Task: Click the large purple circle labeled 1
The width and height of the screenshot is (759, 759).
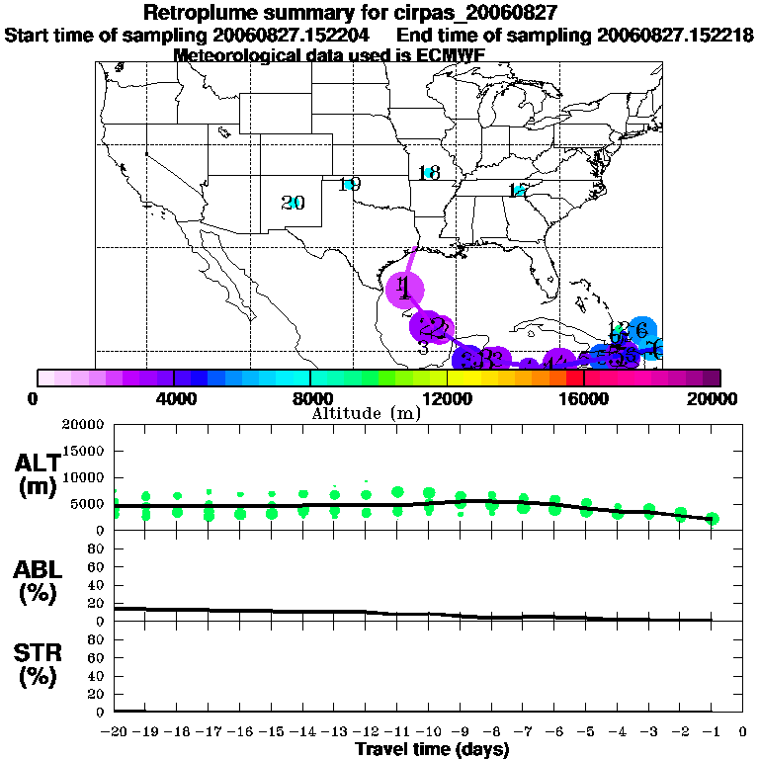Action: pos(404,289)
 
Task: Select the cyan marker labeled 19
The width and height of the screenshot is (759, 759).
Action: pos(349,184)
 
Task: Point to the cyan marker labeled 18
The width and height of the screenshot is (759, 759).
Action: pos(428,172)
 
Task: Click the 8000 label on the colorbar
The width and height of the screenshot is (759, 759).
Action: pos(309,399)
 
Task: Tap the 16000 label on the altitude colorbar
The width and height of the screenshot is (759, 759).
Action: pos(584,399)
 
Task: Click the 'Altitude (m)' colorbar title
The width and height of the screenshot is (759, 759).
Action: pos(366,413)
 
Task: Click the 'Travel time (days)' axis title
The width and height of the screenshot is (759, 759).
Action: pos(431,749)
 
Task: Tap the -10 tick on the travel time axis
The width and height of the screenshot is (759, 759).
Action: pos(428,732)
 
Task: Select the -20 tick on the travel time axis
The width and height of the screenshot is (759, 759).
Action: pos(115,732)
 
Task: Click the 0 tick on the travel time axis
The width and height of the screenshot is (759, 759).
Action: pos(742,732)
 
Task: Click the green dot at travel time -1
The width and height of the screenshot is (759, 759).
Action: pos(712,519)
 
